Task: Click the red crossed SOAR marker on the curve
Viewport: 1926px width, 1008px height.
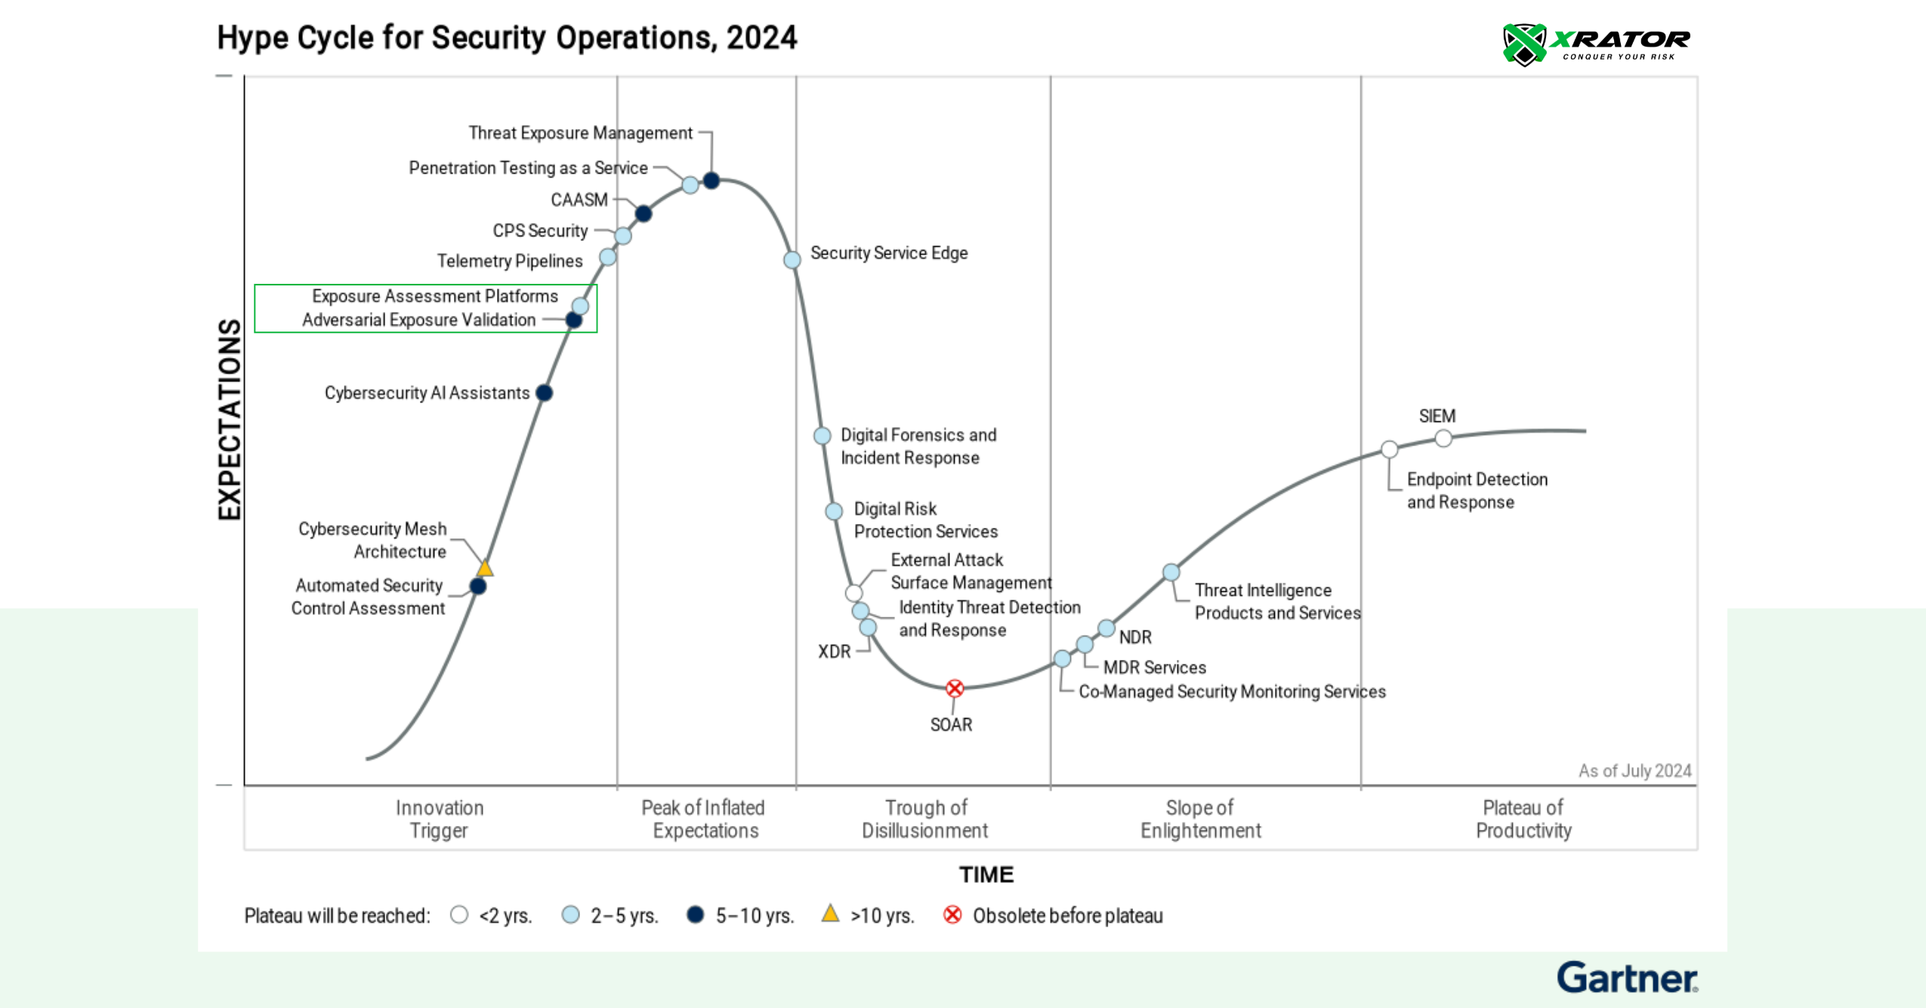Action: point(955,688)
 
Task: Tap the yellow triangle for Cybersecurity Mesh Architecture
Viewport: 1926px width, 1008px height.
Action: point(485,569)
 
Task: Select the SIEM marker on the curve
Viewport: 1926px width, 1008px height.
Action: point(1443,438)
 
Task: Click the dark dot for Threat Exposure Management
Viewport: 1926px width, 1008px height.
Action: point(711,180)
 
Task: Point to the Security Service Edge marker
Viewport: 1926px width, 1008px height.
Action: point(792,260)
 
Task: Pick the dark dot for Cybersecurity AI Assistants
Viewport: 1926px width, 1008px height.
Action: point(544,393)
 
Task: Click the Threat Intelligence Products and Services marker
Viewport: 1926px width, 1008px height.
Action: point(1171,572)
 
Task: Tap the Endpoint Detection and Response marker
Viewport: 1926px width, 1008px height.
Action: point(1389,449)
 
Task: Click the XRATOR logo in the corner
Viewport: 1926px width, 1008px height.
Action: point(1595,44)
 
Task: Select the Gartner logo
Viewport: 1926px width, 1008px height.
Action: point(1627,978)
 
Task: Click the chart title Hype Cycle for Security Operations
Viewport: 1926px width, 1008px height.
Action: point(507,38)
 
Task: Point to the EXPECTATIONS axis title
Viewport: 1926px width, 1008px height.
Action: point(229,419)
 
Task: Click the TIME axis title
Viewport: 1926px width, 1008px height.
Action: point(986,874)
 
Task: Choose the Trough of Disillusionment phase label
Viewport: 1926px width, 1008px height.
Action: point(925,819)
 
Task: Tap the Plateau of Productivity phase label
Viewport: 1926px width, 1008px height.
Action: point(1523,819)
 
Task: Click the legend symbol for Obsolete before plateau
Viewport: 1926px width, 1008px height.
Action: point(952,915)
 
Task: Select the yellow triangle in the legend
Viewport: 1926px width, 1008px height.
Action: point(830,914)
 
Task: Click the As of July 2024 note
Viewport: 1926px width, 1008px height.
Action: point(1634,771)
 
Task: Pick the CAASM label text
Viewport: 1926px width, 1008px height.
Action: point(579,200)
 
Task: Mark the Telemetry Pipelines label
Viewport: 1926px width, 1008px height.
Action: point(510,261)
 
